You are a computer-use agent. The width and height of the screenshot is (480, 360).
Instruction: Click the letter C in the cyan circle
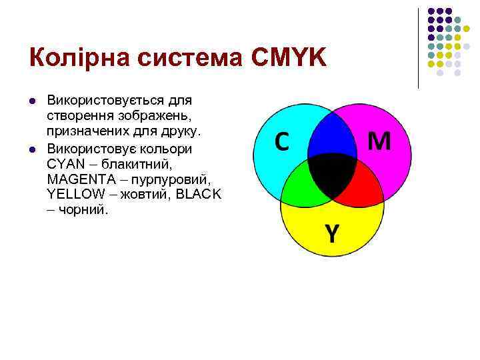[x=282, y=142]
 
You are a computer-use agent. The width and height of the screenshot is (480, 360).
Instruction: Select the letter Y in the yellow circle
[x=332, y=233]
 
